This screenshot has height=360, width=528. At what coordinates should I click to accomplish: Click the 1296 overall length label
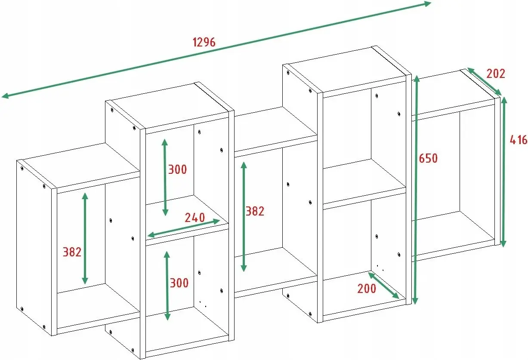click(x=204, y=43)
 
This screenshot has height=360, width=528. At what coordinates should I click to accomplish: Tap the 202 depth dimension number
click(x=496, y=74)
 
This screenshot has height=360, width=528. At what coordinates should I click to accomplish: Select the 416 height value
click(x=519, y=140)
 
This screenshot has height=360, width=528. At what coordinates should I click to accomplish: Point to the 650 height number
click(x=428, y=158)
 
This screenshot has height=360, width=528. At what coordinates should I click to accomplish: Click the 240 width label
click(x=195, y=218)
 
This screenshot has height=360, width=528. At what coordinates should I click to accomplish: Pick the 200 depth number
click(x=367, y=288)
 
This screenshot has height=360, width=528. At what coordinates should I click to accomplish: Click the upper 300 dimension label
click(x=177, y=169)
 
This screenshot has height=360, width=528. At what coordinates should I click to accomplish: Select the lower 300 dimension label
click(x=179, y=283)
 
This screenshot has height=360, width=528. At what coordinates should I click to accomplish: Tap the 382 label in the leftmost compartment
click(x=72, y=252)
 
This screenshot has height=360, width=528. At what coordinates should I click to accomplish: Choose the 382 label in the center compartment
click(x=255, y=211)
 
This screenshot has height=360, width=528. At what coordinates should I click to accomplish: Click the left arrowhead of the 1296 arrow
click(x=5, y=95)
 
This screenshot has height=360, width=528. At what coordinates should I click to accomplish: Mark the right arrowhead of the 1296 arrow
click(x=428, y=4)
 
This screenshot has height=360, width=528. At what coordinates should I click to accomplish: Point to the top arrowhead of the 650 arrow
click(x=417, y=78)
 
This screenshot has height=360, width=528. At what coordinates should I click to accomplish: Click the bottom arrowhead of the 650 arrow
click(x=415, y=301)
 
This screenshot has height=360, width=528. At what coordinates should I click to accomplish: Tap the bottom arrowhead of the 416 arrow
click(x=503, y=243)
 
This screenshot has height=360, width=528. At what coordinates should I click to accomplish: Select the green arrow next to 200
click(x=383, y=286)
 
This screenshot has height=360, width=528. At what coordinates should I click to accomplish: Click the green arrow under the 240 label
click(x=184, y=228)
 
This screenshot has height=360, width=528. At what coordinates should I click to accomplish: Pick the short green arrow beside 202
click(x=485, y=82)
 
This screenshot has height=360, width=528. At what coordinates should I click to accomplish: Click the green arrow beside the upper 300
click(x=165, y=177)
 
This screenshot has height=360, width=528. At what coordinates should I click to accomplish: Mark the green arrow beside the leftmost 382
click(x=85, y=238)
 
